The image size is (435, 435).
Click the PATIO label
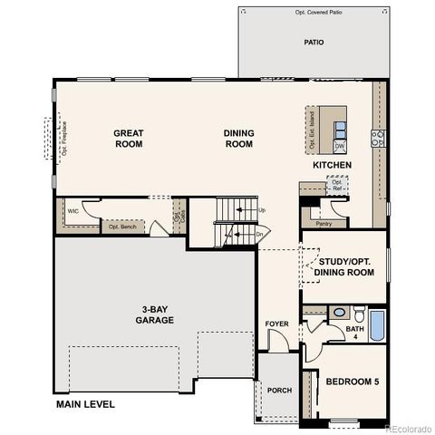[314, 42]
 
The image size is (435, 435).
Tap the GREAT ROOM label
[129, 139]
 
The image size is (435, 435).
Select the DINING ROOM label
[238, 139]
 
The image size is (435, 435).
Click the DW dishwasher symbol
[339, 145]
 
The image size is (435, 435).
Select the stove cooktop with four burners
[378, 138]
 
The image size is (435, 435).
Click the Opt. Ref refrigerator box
[336, 185]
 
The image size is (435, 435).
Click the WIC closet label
[72, 211]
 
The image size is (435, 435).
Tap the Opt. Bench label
[121, 227]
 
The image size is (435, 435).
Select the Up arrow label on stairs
[262, 210]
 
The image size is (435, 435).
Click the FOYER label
[276, 324]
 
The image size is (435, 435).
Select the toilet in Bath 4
[359, 315]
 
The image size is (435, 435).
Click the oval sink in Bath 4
[338, 312]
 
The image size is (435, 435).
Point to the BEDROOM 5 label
[353, 382]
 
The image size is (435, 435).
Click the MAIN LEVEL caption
[85, 404]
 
